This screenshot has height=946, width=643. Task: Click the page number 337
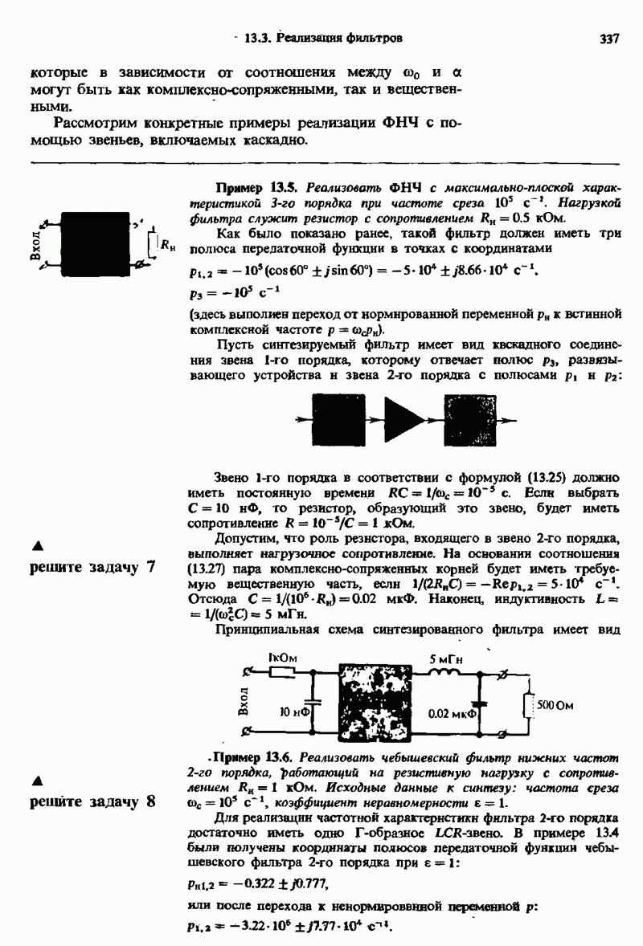coord(608,38)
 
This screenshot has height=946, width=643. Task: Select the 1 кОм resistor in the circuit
coord(282,673)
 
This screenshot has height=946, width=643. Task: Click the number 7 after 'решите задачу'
coord(149,567)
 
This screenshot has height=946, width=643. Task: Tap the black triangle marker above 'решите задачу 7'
coord(35,546)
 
